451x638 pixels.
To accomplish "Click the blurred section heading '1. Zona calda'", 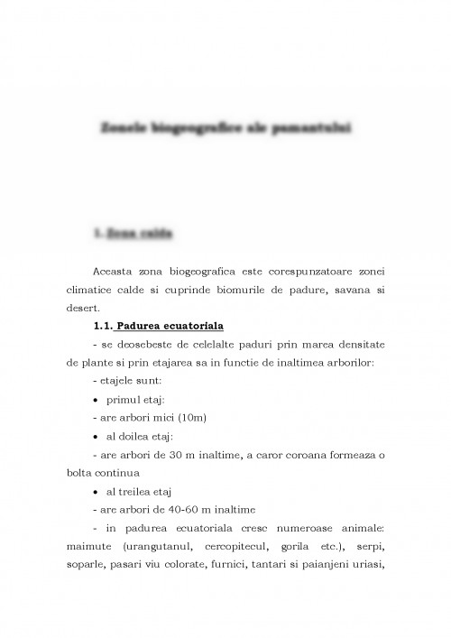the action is (134, 233).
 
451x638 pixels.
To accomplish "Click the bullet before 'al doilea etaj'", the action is (97, 437).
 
